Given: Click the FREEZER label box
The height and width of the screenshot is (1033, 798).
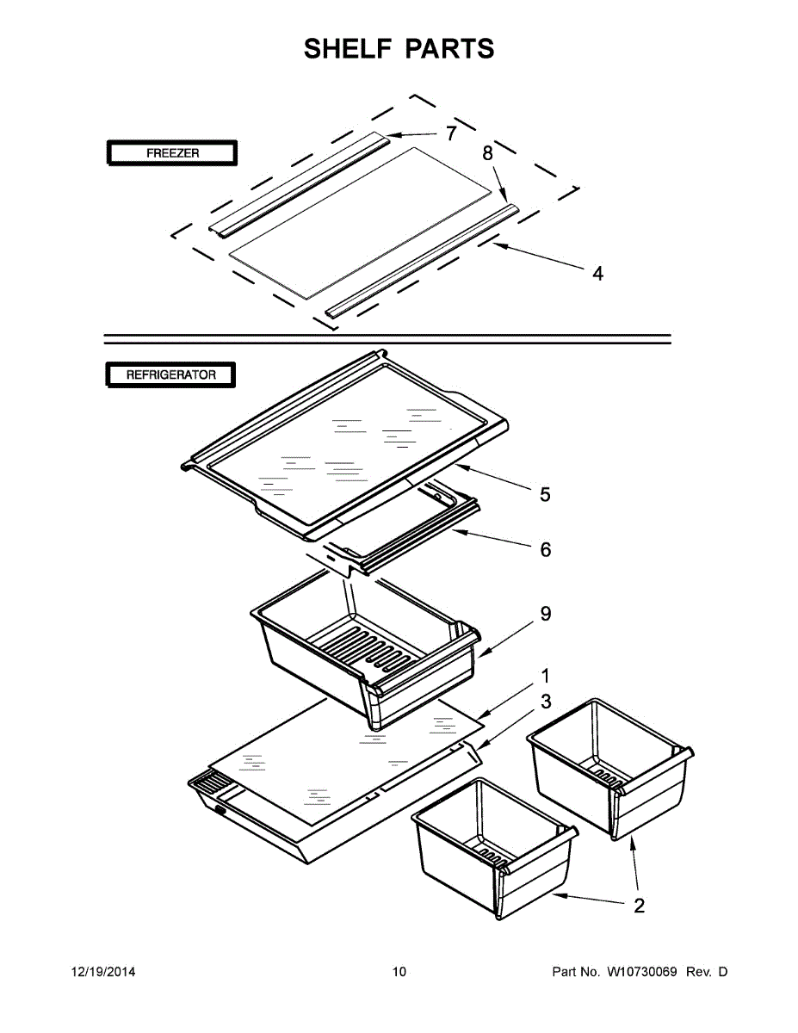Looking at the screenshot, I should (171, 153).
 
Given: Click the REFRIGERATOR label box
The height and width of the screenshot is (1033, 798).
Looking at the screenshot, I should (170, 374).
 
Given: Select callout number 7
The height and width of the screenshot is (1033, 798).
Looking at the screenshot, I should (450, 133).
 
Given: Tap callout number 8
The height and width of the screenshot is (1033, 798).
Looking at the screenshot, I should (487, 154).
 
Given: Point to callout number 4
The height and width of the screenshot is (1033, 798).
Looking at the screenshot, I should (597, 274).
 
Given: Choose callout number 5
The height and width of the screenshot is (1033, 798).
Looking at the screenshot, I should (545, 494).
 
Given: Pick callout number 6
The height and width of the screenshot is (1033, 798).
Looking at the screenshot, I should (545, 549).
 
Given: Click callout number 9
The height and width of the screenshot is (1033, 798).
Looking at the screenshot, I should (545, 614).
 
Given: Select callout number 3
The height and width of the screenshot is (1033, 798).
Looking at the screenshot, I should (545, 702).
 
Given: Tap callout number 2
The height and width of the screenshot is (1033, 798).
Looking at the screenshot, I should (639, 906).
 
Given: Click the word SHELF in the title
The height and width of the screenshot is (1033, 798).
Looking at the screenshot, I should (347, 48).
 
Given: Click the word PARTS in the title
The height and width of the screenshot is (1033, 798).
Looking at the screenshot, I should (452, 48).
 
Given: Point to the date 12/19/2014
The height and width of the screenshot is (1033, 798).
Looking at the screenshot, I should (102, 972).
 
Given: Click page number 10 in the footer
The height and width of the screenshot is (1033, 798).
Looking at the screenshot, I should (399, 972).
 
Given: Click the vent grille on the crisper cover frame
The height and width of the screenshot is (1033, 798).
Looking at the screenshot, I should (210, 784).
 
